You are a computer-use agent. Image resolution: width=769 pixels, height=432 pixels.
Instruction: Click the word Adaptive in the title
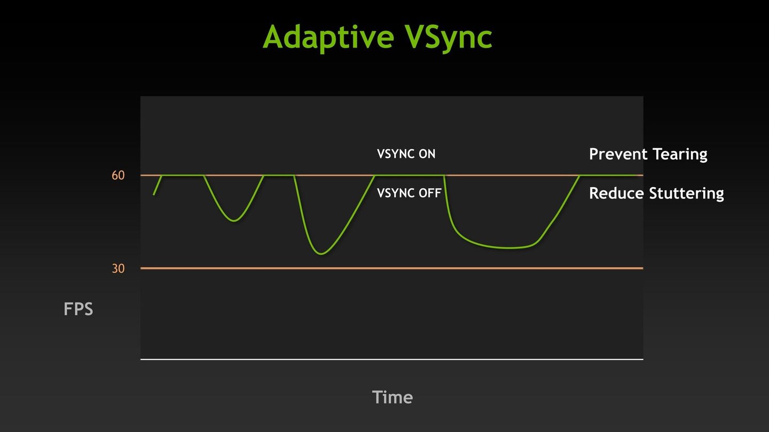[328, 37]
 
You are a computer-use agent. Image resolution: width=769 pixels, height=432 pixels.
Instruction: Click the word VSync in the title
[449, 37]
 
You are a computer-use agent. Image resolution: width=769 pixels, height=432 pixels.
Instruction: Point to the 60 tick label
[118, 175]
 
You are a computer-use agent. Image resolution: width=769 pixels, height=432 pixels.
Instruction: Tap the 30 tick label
[118, 268]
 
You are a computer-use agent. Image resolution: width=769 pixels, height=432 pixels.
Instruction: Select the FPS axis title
[79, 309]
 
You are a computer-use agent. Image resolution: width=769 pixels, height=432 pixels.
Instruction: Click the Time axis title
[393, 397]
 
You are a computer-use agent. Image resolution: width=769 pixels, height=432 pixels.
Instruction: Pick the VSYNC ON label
[406, 154]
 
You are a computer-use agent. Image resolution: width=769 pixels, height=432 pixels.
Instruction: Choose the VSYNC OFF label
[409, 193]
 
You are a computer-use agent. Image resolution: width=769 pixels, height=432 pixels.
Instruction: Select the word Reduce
[617, 193]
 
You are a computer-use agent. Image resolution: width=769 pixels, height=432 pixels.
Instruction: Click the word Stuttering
[686, 194]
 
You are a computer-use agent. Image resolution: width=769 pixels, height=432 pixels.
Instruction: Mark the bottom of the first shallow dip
[234, 221]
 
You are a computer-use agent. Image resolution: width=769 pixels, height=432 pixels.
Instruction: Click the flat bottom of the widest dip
[511, 248]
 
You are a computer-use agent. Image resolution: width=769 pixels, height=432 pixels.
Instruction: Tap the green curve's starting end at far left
[153, 195]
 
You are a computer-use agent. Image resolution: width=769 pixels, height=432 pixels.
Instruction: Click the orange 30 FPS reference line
[392, 268]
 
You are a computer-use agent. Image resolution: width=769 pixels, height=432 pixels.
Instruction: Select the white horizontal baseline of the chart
[392, 359]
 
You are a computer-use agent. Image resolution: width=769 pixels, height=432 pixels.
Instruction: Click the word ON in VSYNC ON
[427, 154]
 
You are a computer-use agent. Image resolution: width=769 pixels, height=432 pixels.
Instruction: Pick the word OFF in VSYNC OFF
[430, 193]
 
